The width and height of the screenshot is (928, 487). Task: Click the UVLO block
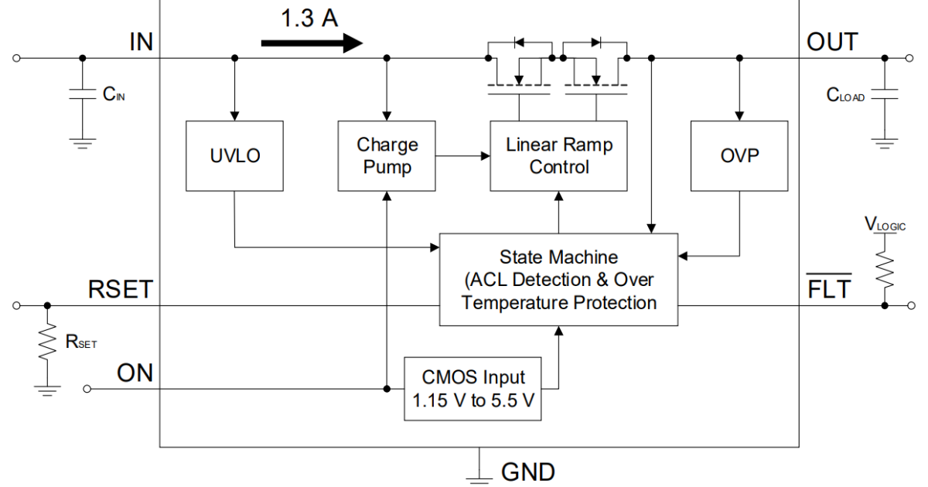tap(234, 156)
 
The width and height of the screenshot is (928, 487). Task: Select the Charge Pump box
tap(387, 156)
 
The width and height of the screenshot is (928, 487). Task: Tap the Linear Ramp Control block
tap(558, 156)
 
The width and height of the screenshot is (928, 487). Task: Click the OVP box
tap(739, 156)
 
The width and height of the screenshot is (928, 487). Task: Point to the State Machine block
tap(558, 279)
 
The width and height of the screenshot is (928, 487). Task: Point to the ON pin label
tap(135, 373)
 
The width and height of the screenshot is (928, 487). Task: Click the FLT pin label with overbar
tap(830, 290)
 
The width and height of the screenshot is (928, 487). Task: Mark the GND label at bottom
tap(527, 471)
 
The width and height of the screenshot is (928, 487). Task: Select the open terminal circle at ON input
tap(87, 389)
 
